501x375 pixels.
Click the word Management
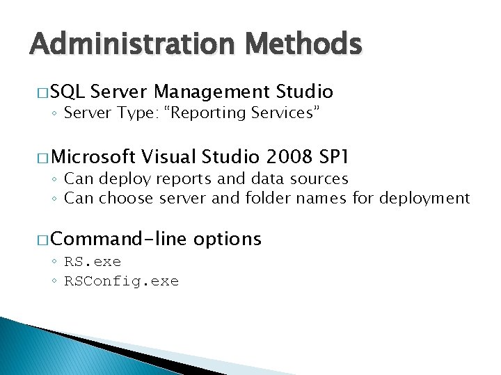pyautogui.click(x=212, y=92)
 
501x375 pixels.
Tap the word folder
pyautogui.click(x=269, y=199)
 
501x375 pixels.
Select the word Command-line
pyautogui.click(x=119, y=240)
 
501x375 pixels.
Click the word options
pyautogui.click(x=228, y=240)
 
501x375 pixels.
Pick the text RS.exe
pyautogui.click(x=93, y=262)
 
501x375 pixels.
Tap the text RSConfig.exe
pyautogui.click(x=121, y=281)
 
